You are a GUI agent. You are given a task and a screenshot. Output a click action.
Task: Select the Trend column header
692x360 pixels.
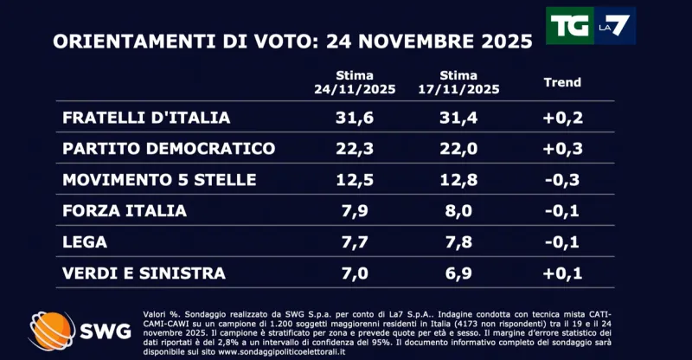pos(561,83)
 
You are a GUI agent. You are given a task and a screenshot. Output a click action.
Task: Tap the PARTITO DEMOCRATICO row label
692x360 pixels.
pos(169,149)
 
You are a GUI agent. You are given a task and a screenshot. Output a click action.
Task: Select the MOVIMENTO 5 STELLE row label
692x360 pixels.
pos(159,180)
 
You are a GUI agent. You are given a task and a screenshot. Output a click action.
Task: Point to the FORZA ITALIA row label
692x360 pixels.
pos(125,211)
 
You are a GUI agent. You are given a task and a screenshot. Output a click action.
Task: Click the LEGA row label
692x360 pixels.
pos(85,242)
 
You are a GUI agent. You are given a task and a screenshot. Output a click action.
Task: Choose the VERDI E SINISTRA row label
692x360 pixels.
pos(144,273)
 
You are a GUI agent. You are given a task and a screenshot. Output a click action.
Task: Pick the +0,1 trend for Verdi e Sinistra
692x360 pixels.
pos(561,273)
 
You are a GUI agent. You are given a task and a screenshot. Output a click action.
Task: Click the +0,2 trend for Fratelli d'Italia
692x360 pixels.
pos(561,117)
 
